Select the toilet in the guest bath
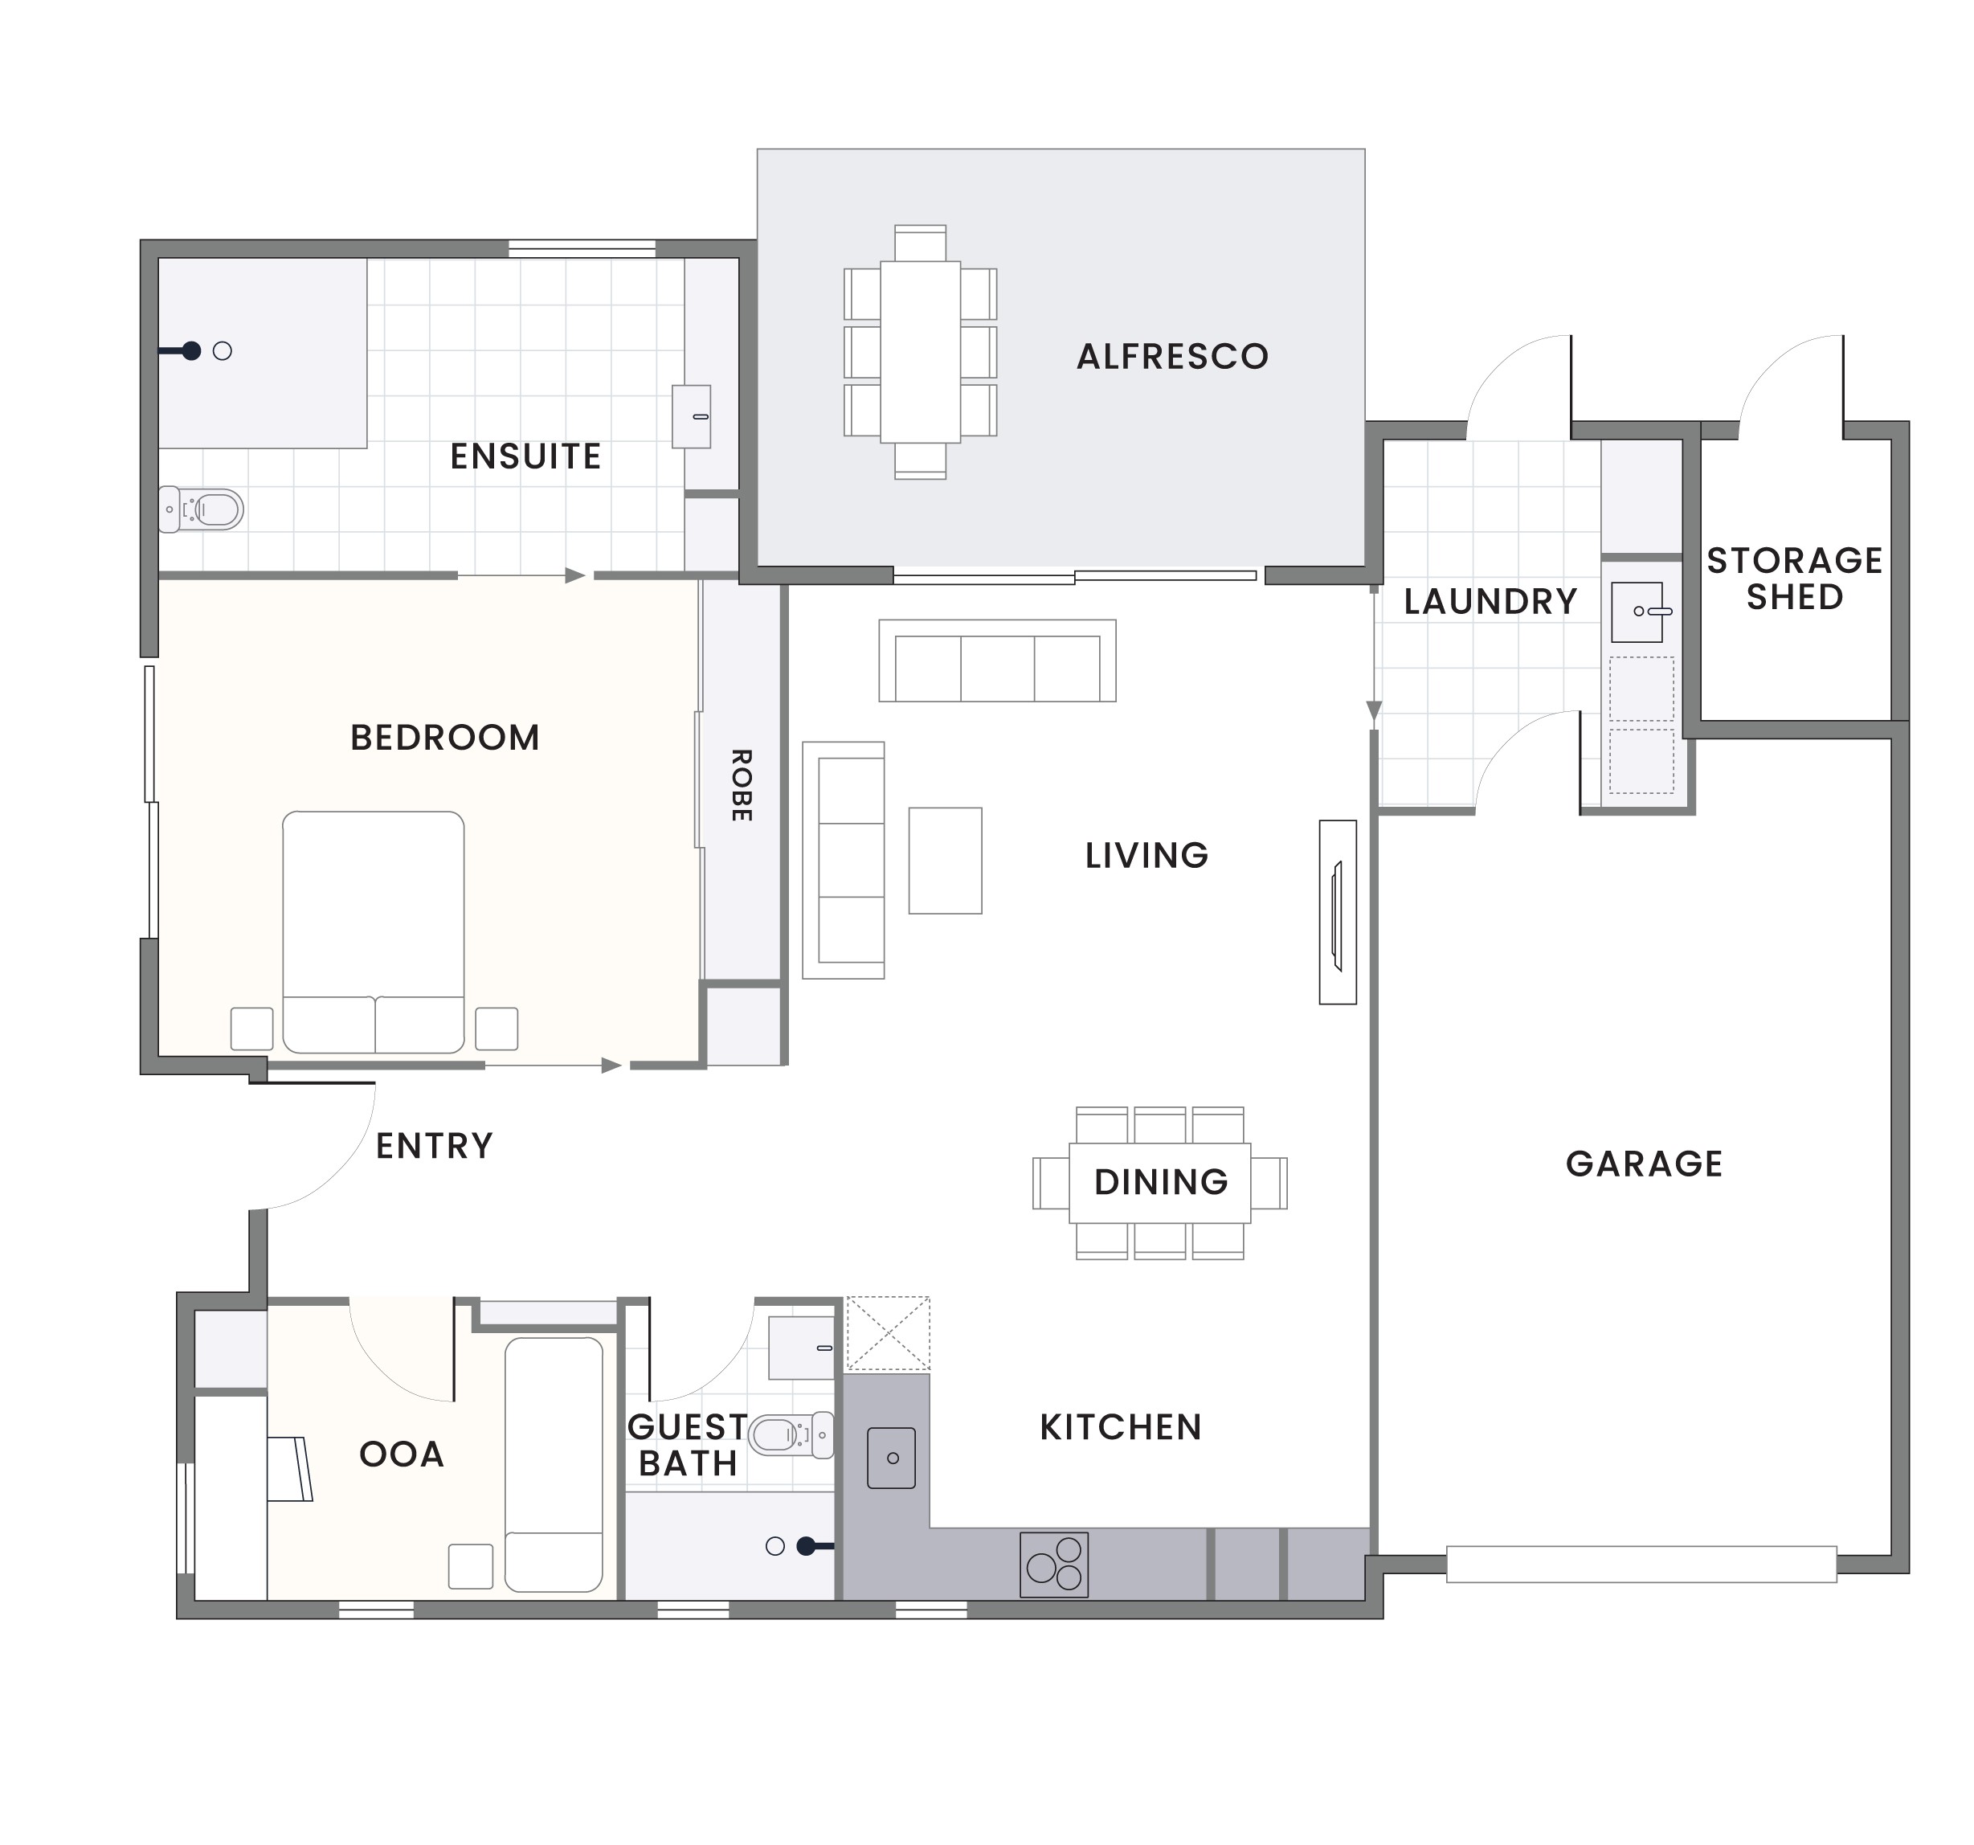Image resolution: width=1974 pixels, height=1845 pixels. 790,1435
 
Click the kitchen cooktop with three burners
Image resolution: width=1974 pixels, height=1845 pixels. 1053,1565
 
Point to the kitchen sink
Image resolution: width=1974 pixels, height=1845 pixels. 891,1458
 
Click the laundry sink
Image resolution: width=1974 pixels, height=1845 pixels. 1637,612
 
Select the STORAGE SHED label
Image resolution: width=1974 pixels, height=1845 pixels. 1793,578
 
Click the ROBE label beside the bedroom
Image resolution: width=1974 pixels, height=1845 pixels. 741,784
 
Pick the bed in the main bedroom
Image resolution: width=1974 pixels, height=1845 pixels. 374,931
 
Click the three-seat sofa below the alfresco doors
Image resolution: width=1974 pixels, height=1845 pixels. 997,661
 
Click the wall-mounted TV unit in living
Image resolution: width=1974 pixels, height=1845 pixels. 1337,911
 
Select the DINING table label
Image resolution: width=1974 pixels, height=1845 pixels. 1160,1182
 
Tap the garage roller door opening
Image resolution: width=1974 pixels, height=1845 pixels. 1641,1564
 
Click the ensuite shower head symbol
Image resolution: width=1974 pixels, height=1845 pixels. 192,350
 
